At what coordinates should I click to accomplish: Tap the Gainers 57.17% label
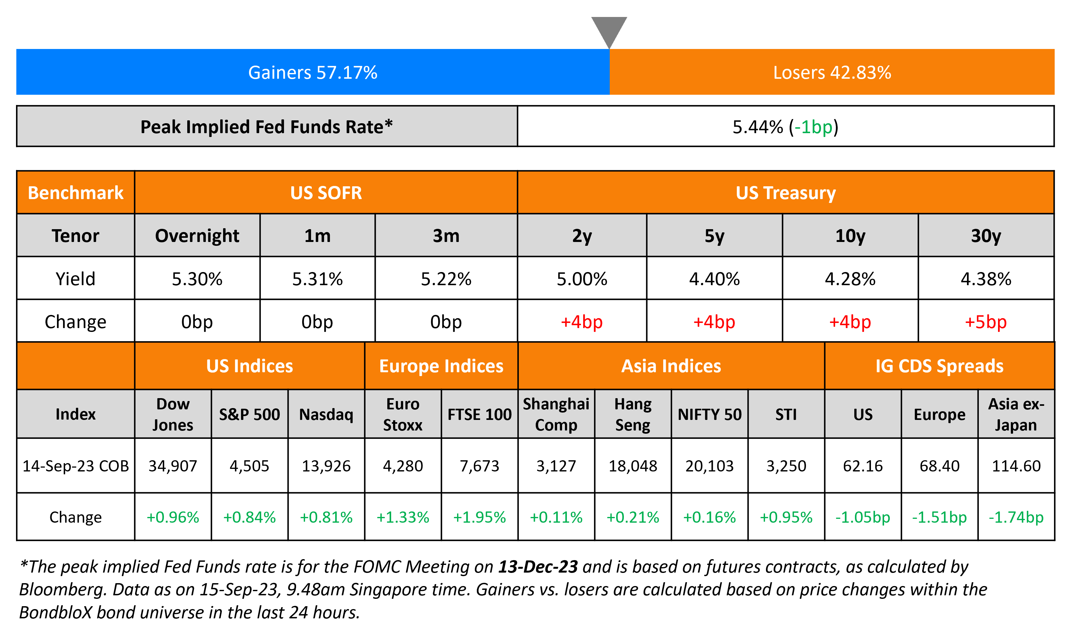point(312,72)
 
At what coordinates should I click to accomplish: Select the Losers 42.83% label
point(832,72)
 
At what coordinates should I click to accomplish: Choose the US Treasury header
point(785,193)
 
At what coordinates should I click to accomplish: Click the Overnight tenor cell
point(197,236)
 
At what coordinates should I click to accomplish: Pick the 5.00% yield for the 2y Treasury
point(582,279)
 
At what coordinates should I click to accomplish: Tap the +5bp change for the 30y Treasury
point(986,322)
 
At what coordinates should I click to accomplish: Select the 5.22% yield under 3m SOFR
point(446,279)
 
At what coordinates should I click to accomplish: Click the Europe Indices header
point(441,366)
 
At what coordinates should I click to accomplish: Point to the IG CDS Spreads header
point(939,366)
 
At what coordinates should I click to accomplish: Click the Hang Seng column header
point(632,414)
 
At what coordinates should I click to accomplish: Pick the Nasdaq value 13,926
point(326,466)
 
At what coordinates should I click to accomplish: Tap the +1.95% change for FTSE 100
point(479,517)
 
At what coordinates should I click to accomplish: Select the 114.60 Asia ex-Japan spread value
point(1016,466)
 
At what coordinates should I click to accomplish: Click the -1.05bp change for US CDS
point(863,517)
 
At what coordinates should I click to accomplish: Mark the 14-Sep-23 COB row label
point(75,466)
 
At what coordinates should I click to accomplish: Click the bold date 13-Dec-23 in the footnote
point(538,567)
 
